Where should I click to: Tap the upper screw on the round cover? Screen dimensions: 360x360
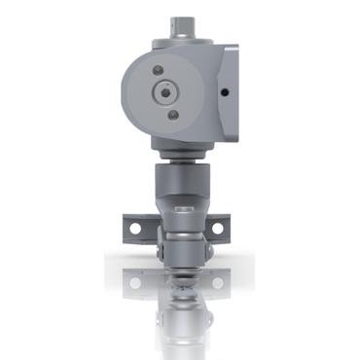coord(158,70)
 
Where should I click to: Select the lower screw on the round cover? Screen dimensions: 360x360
coord(173,115)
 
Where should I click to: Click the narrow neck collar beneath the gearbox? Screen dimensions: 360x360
coord(180,155)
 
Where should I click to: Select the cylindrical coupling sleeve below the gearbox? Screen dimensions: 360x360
coord(180,185)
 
